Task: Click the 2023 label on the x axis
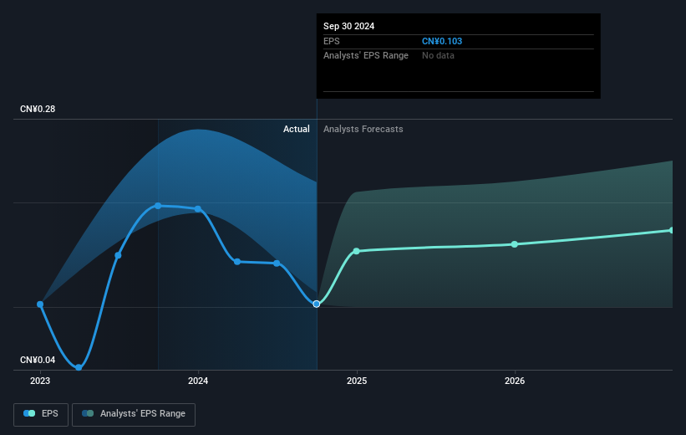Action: coord(40,381)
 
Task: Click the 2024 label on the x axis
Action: coord(198,381)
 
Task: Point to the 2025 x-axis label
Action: coord(357,381)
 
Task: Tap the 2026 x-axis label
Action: coord(515,381)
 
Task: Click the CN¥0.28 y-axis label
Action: coord(38,110)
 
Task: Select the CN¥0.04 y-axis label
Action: coord(38,361)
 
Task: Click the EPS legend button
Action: coord(41,414)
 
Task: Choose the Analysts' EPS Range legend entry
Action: coord(134,414)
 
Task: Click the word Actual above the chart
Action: coord(297,129)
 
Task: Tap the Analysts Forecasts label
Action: coord(363,129)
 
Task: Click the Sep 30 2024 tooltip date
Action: coord(349,26)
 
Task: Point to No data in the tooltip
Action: coord(438,55)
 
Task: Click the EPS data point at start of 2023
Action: coord(40,304)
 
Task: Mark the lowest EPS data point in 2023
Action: coord(79,367)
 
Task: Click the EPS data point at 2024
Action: coord(198,209)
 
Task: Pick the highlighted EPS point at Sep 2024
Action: coord(317,304)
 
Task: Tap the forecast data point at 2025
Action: coord(357,251)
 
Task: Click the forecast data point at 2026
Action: coord(515,244)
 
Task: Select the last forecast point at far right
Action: coord(672,230)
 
